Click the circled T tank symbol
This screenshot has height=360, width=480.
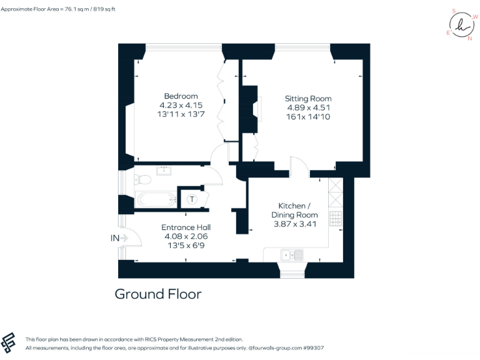(x=192, y=199)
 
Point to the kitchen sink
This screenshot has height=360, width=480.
(x=292, y=254)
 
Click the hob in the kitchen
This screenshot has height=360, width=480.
(x=336, y=219)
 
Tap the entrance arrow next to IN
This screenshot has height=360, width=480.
(x=124, y=237)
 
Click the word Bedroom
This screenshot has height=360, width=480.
(x=181, y=96)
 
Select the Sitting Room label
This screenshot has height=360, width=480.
(x=308, y=99)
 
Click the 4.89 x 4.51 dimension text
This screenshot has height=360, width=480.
(x=308, y=107)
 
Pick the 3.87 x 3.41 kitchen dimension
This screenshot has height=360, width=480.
(x=294, y=224)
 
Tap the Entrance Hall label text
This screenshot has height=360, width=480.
(x=186, y=227)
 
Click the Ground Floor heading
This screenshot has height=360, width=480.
(x=158, y=294)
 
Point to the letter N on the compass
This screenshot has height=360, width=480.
(x=470, y=38)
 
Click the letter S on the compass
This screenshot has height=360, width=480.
(x=454, y=11)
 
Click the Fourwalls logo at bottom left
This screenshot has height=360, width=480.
(x=11, y=342)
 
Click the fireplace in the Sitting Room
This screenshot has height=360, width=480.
(x=253, y=109)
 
